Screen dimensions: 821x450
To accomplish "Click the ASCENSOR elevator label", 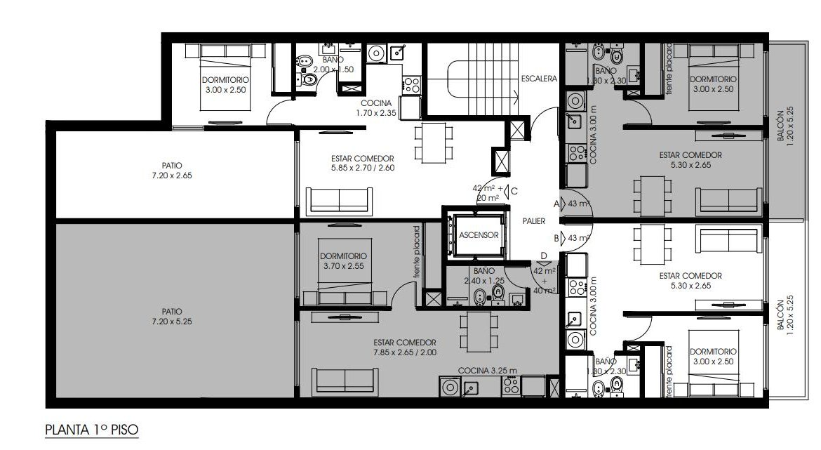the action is click(479, 235).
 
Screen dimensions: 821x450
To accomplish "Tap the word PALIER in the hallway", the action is click(533, 221).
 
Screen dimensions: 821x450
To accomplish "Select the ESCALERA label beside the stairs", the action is click(539, 79).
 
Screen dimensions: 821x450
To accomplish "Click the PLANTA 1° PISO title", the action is click(92, 430).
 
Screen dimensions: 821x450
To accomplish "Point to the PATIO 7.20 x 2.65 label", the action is click(172, 171).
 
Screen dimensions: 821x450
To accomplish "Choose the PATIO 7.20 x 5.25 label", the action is click(172, 317).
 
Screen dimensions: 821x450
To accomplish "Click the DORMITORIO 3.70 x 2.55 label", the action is click(343, 261).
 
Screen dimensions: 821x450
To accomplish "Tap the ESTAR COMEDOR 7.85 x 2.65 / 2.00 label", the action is click(405, 348).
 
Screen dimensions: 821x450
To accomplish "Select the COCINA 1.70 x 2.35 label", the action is click(376, 108).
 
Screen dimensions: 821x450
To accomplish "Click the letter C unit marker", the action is click(514, 191).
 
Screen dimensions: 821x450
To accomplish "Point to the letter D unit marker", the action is click(544, 256).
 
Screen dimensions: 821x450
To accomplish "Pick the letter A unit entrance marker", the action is click(556, 204).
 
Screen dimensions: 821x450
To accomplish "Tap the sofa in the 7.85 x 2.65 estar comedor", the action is click(345, 380).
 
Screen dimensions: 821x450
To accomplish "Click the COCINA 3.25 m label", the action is click(488, 371).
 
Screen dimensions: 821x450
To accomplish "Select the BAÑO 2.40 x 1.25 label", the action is click(484, 276).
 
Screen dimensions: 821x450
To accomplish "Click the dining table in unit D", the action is click(479, 332).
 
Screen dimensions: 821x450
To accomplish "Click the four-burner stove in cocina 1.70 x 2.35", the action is click(411, 85).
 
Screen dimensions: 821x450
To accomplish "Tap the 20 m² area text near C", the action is click(488, 197).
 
